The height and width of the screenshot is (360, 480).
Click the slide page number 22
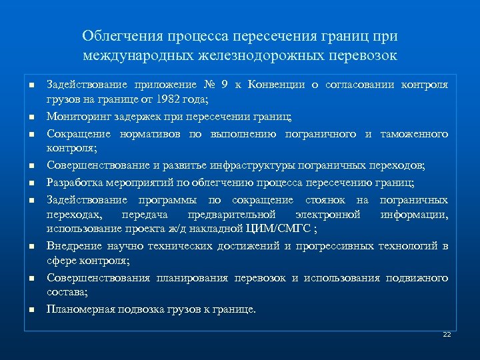point(447,334)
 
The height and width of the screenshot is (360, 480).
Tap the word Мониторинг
point(78,116)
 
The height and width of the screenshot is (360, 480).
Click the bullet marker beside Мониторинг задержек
point(31,117)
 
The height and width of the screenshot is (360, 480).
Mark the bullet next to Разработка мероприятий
point(31,183)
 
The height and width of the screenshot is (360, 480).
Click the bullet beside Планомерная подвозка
point(31,309)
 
